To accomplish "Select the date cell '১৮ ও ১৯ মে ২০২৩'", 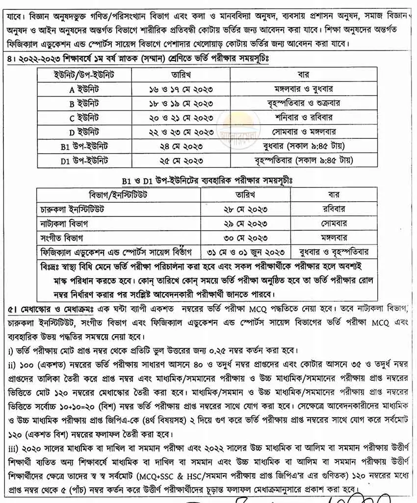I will click(x=181, y=104).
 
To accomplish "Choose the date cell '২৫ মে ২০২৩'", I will click(x=181, y=160).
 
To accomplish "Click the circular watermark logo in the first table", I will click(x=234, y=125).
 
